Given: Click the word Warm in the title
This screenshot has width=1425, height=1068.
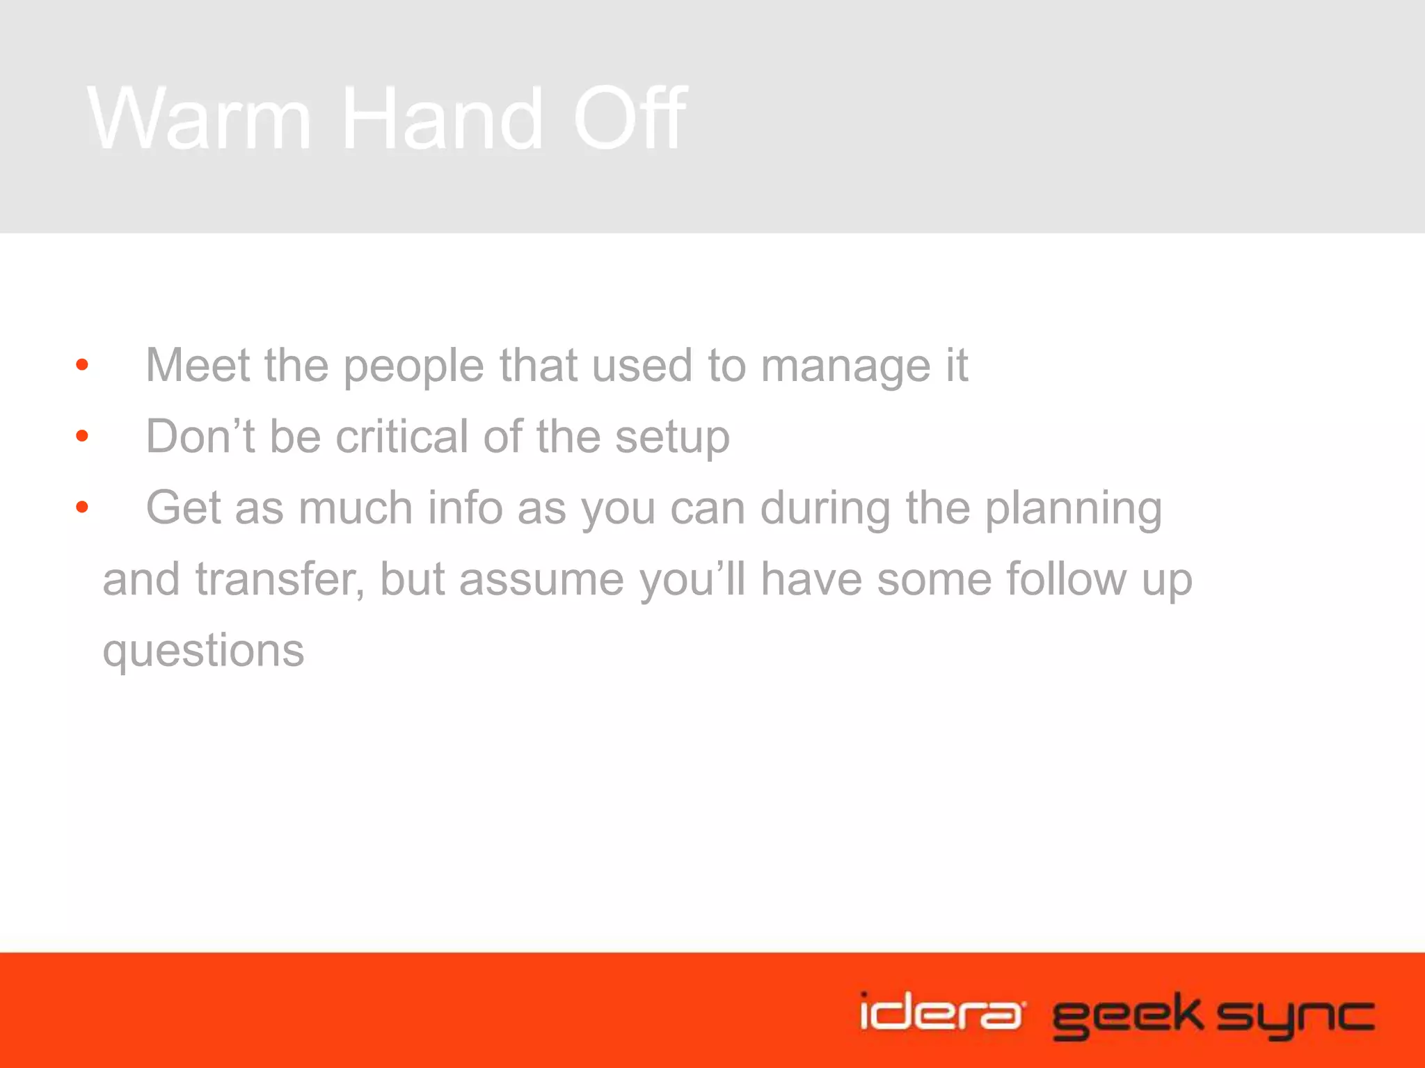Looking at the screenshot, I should [199, 118].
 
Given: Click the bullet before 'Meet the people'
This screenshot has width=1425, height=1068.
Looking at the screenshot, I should [82, 365].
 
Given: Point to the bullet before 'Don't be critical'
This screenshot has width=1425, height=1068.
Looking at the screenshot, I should [82, 436].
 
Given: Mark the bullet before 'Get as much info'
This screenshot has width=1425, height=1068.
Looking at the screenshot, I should [82, 508].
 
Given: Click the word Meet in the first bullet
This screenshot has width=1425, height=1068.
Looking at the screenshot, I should [198, 365].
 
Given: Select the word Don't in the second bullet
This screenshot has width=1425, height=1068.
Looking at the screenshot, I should [200, 436].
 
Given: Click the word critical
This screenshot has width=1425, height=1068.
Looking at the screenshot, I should [401, 436].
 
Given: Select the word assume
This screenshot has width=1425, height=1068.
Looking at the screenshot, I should [541, 580].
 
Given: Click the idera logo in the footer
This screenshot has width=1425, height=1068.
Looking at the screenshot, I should [941, 1012].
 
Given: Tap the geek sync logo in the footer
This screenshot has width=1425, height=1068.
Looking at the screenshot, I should [1213, 1015].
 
